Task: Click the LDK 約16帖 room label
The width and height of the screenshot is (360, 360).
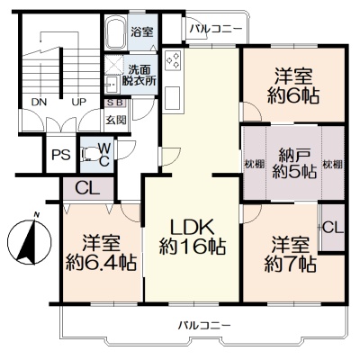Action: (x=193, y=237)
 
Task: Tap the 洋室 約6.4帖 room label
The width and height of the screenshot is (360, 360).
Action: (x=102, y=253)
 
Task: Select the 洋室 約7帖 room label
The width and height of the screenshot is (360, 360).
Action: (x=291, y=254)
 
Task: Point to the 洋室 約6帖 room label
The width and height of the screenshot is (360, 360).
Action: (x=293, y=85)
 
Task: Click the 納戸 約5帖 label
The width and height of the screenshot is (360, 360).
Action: (x=294, y=164)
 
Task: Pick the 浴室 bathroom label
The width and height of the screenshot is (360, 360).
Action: (x=142, y=32)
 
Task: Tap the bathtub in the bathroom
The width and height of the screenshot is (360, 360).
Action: (x=116, y=31)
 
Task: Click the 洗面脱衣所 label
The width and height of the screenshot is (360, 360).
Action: (x=139, y=76)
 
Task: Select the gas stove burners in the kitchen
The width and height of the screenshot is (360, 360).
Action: (x=174, y=58)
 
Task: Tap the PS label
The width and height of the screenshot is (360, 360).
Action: (x=61, y=155)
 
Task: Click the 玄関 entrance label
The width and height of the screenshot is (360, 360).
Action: (x=115, y=120)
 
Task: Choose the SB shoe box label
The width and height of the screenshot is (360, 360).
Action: (x=115, y=103)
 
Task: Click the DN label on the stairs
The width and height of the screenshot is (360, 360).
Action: (x=39, y=103)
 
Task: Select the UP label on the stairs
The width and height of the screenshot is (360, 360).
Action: (x=78, y=103)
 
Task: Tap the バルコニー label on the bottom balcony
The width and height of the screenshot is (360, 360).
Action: (x=204, y=325)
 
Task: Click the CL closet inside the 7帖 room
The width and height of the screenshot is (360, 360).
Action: (x=332, y=228)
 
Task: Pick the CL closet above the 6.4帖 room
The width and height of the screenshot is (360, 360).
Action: (x=87, y=189)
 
